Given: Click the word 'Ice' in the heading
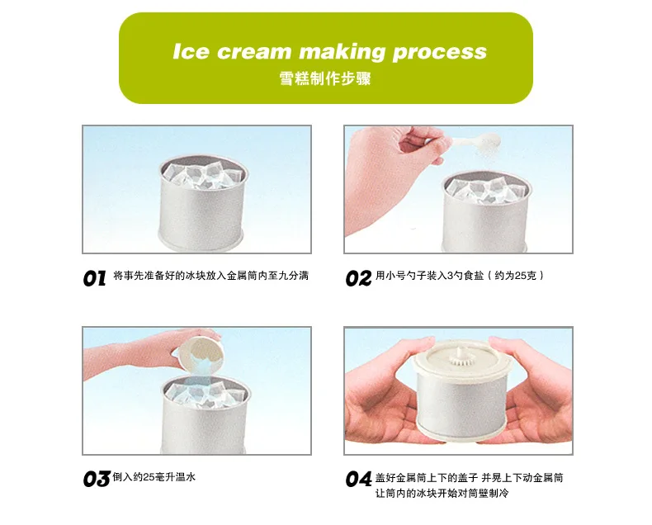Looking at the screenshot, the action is (190, 51).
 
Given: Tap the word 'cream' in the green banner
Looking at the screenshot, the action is (253, 52).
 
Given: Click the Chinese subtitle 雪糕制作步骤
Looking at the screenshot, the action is (324, 78).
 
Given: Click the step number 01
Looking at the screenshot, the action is (94, 278).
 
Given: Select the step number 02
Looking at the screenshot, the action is (358, 278).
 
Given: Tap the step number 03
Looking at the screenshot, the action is (96, 480).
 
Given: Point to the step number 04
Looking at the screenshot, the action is (358, 480).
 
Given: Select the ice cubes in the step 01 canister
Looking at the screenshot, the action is (203, 175).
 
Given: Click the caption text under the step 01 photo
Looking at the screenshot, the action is (210, 276).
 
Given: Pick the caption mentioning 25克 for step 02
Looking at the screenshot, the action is (460, 276).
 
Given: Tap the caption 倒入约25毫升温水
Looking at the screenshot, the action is (154, 477).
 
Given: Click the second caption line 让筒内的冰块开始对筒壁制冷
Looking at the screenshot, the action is (442, 494).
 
